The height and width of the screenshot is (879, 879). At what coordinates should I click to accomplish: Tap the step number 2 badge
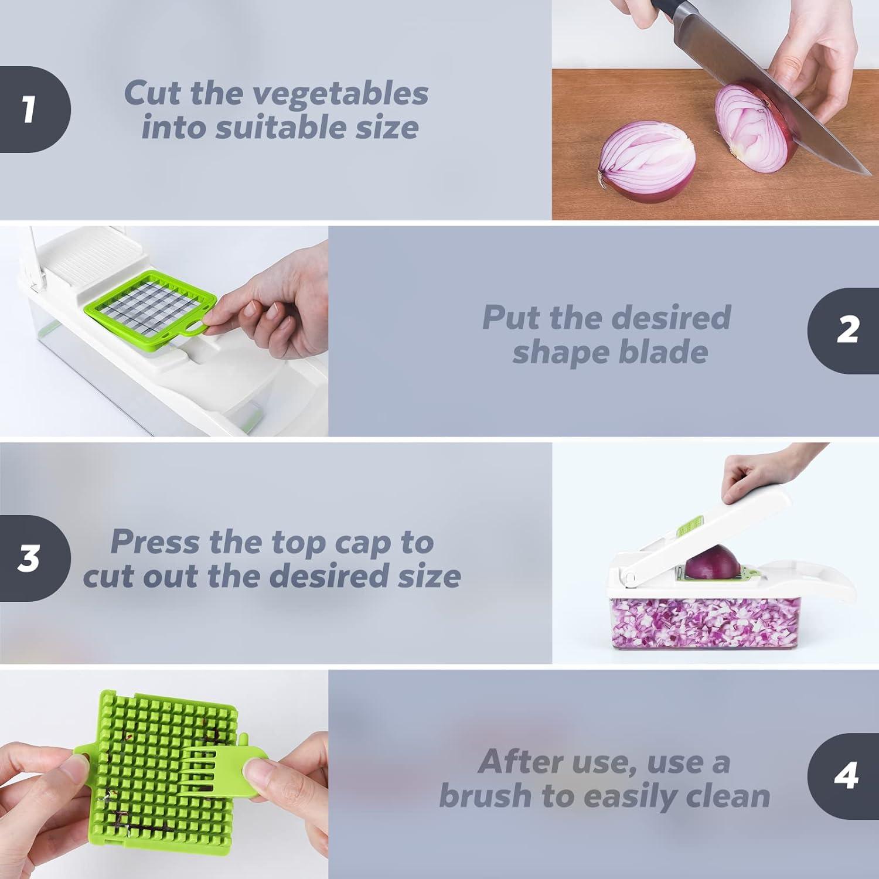point(847,331)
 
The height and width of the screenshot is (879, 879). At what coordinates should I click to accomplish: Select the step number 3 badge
point(29,558)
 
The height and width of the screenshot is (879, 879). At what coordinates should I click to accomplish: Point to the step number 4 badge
point(846,776)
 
